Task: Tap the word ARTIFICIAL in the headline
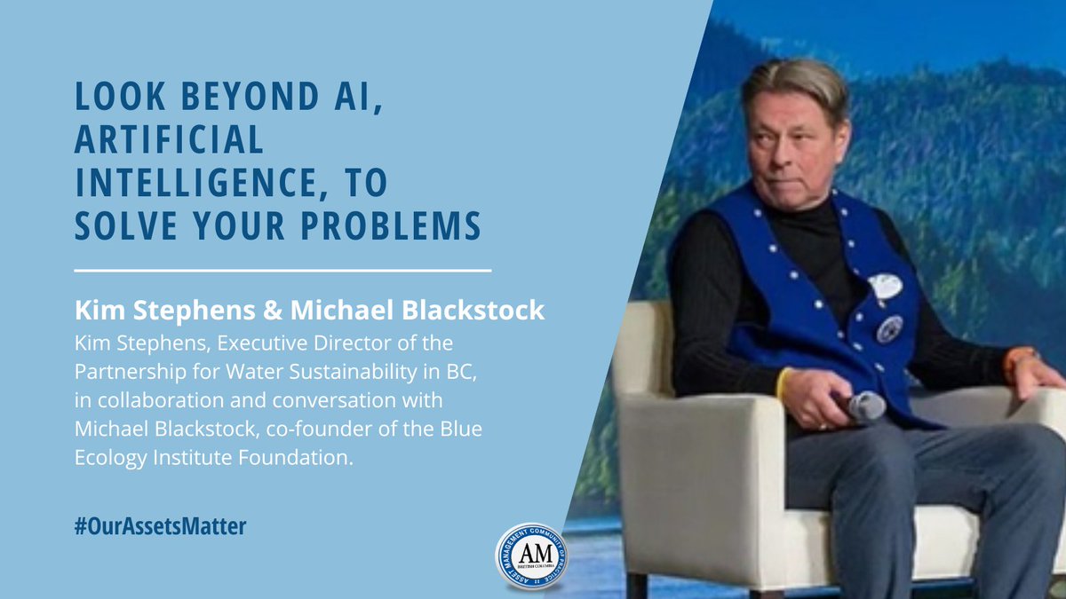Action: tap(170, 138)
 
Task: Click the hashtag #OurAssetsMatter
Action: tap(160, 525)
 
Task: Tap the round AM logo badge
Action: tap(532, 556)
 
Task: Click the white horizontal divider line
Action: tap(282, 268)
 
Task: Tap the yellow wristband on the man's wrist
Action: tap(783, 382)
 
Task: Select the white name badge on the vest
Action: tap(884, 286)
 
